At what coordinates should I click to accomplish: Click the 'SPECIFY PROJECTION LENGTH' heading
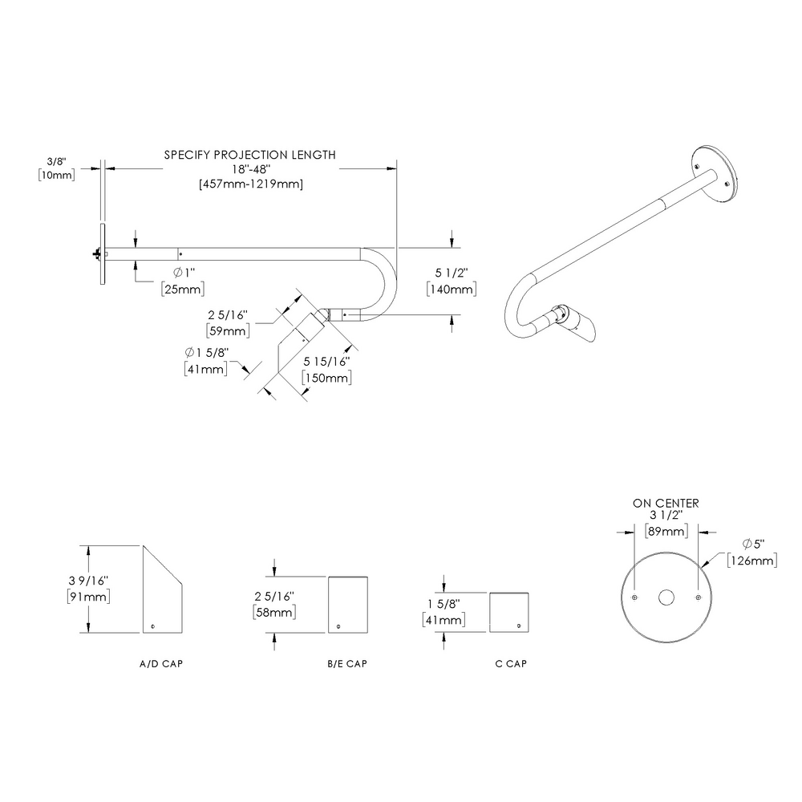pyautogui.click(x=249, y=155)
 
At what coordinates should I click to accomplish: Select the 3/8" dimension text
pyautogui.click(x=55, y=161)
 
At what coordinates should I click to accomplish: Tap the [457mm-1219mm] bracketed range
pyautogui.click(x=249, y=184)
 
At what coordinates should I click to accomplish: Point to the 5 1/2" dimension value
pyautogui.click(x=453, y=273)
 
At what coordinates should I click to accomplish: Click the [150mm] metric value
pyautogui.click(x=326, y=378)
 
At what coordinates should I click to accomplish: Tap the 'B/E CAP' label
pyautogui.click(x=347, y=664)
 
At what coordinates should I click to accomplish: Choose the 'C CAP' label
pyautogui.click(x=511, y=664)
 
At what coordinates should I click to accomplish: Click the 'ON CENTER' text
pyautogui.click(x=666, y=504)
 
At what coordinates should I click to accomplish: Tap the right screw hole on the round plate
pyautogui.click(x=699, y=598)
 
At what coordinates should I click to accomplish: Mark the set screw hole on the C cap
pyautogui.click(x=519, y=625)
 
